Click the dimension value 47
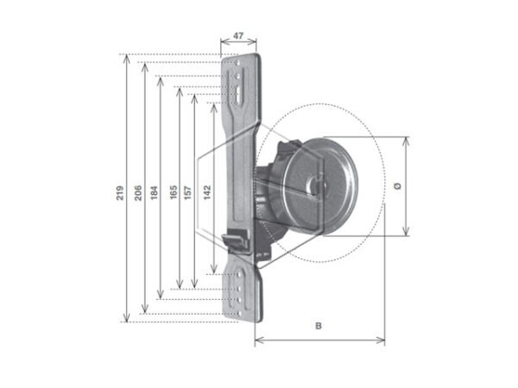239,37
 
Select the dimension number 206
138,193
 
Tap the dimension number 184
154,193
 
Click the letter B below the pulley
319,326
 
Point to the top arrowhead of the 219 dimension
128,58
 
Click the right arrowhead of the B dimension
382,340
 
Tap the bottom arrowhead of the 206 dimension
144,310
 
